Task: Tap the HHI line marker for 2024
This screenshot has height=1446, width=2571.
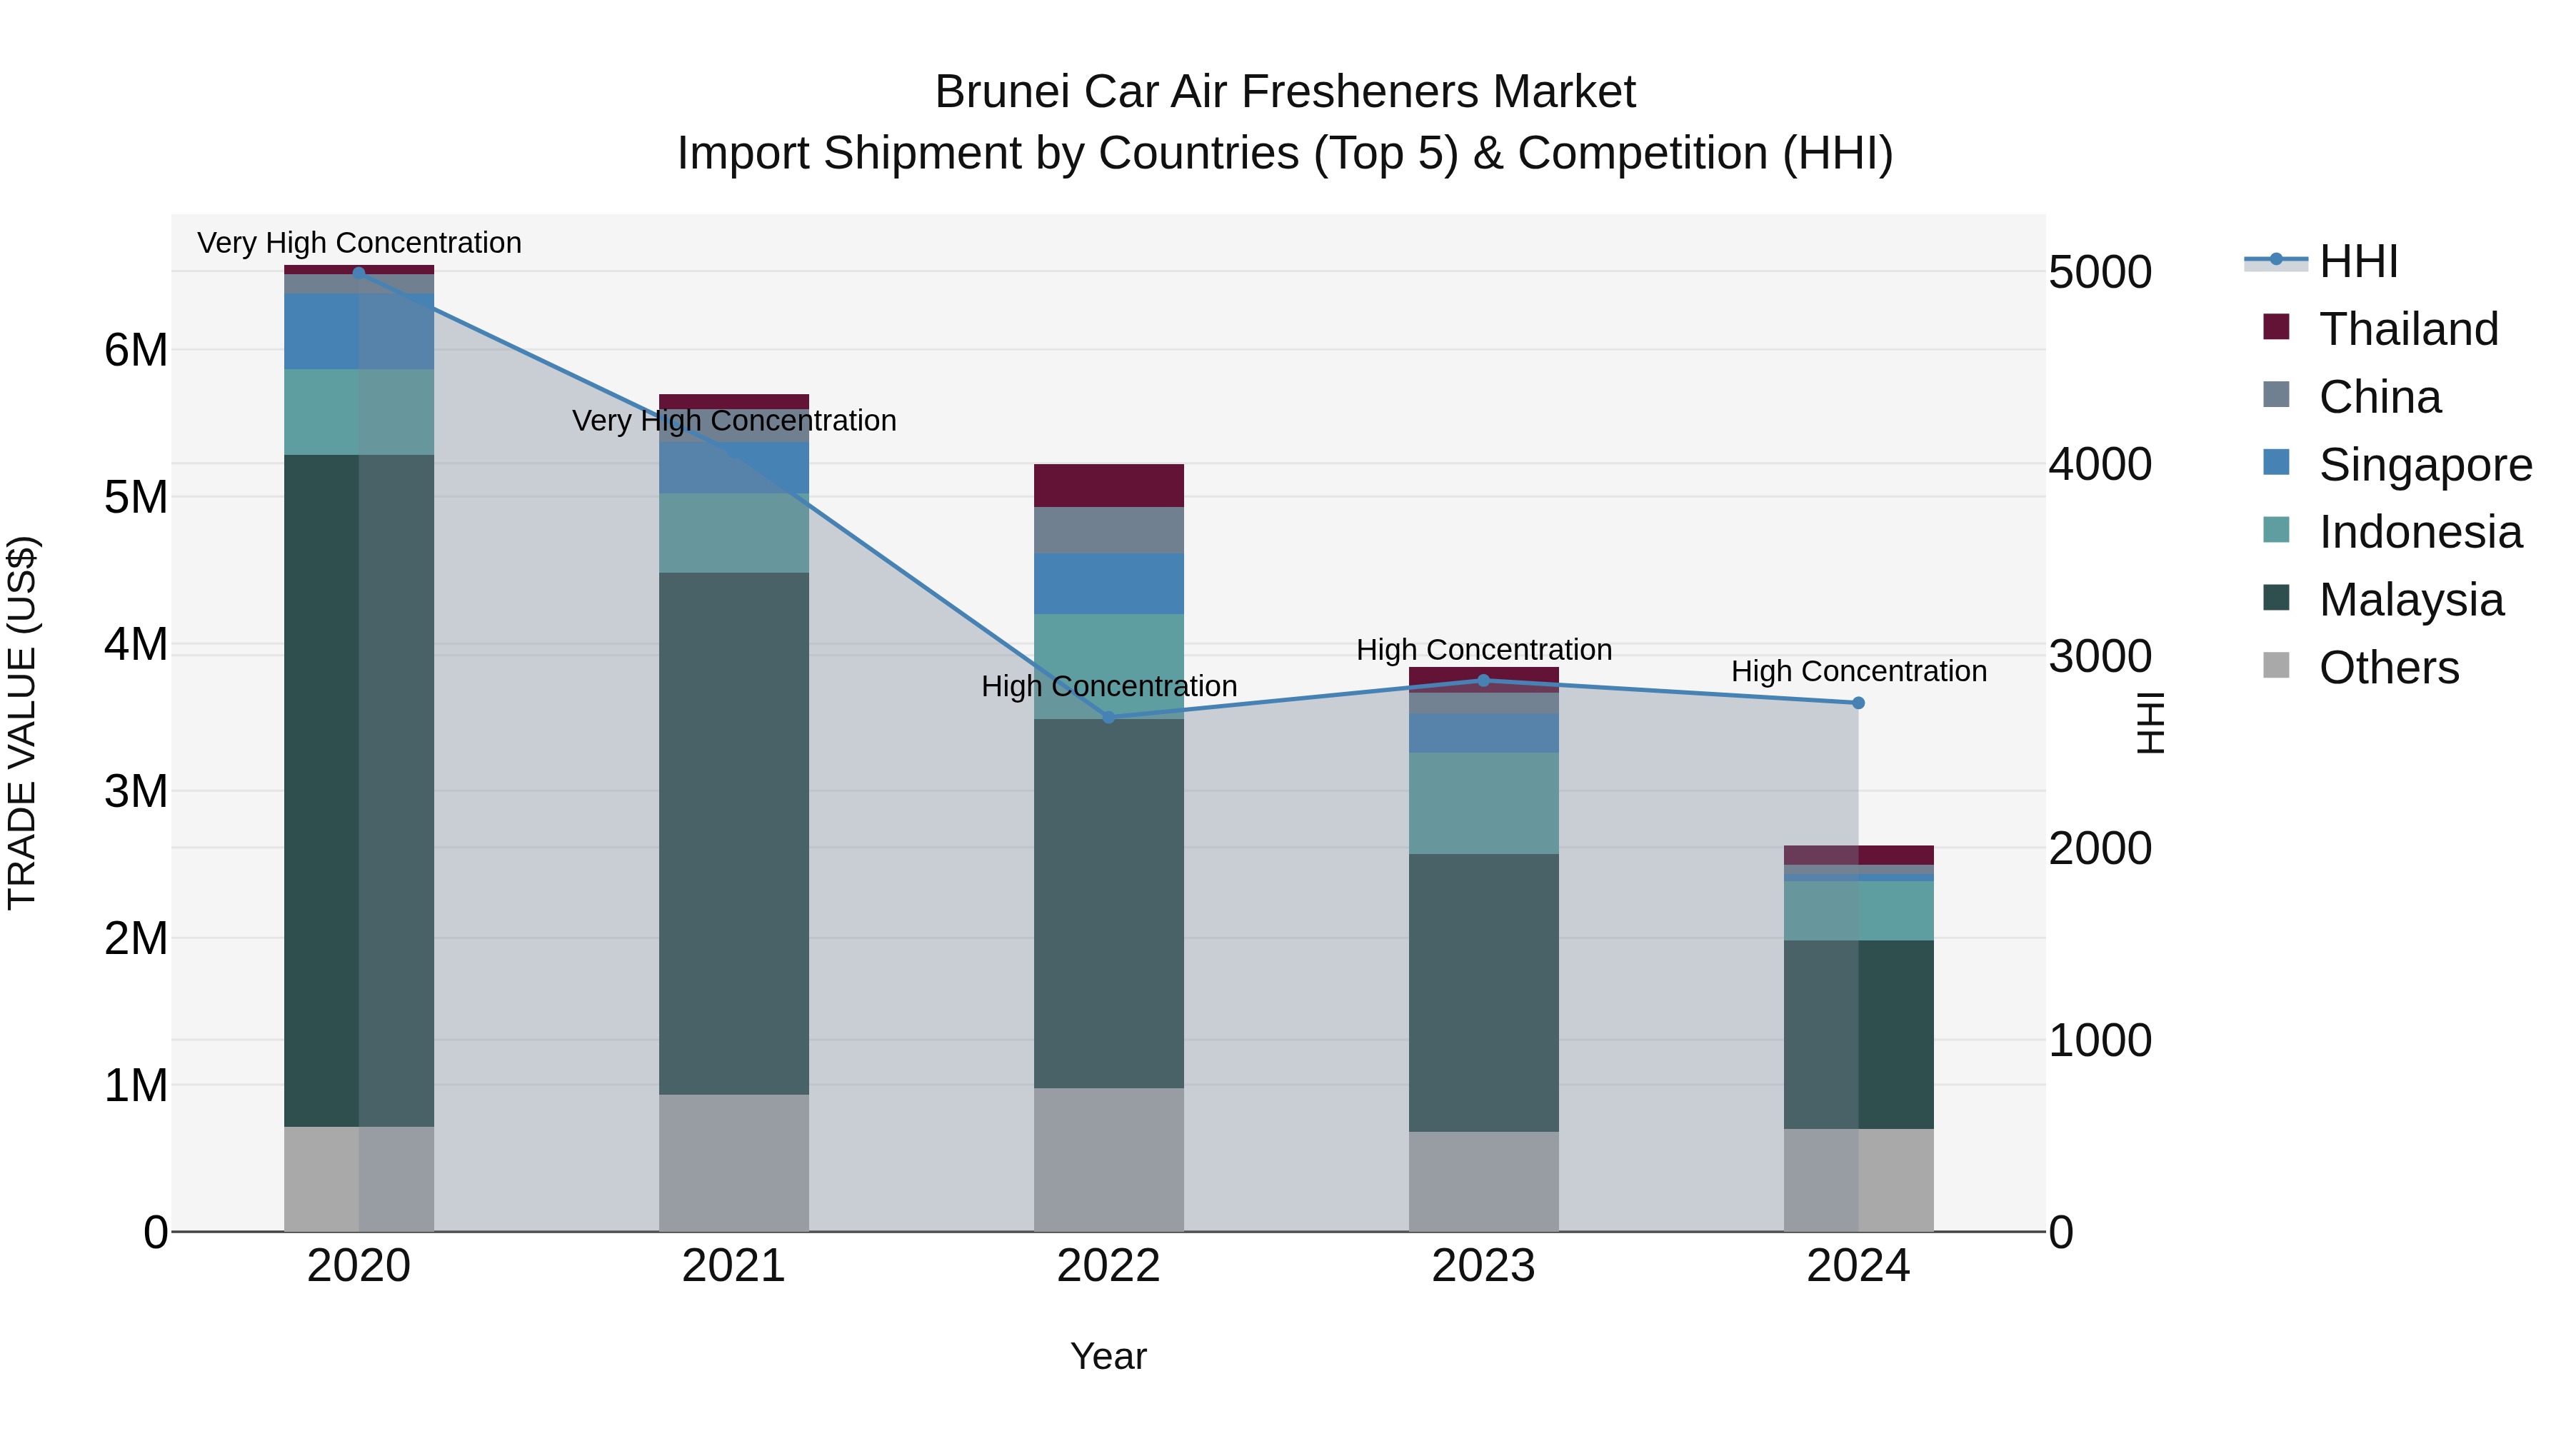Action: coord(1858,703)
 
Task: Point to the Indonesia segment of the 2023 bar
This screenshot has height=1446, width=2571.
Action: coord(1483,803)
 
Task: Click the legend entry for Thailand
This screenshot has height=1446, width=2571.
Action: coord(2407,329)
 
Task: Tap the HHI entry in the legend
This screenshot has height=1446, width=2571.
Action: coord(2357,261)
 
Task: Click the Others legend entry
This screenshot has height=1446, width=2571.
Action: coord(2387,668)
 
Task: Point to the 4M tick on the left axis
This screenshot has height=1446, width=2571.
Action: coord(136,643)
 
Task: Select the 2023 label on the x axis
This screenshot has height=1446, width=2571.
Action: coord(1483,1266)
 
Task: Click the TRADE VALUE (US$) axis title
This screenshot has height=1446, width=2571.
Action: coord(22,723)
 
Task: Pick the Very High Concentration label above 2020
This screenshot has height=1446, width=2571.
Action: coord(359,243)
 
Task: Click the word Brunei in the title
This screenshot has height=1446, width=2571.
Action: coord(1002,92)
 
